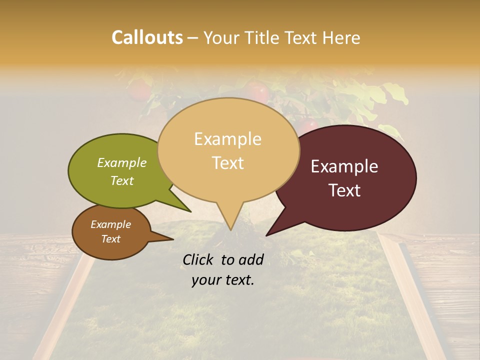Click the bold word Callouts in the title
point(147,37)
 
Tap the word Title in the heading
point(264,37)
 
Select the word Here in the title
point(341,37)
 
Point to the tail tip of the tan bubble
point(230,229)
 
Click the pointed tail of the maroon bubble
point(267,234)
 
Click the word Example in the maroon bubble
point(344,166)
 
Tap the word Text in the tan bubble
point(228,163)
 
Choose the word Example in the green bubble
point(122,162)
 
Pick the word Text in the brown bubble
point(111,239)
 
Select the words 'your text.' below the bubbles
point(223,280)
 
